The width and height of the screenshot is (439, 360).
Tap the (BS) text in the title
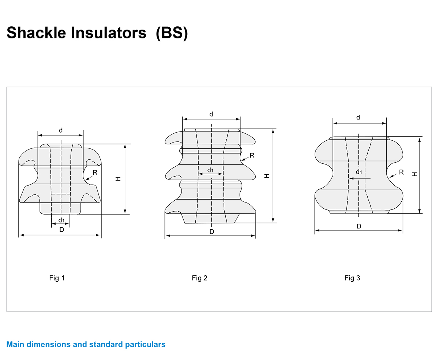click(172, 33)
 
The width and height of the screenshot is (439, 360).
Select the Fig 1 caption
click(57, 278)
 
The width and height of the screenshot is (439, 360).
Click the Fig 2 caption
click(199, 278)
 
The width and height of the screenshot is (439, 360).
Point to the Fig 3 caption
click(352, 278)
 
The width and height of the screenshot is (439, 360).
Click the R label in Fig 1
click(95, 173)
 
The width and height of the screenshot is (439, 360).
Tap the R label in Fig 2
click(252, 156)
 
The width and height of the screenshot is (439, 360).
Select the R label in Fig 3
click(401, 172)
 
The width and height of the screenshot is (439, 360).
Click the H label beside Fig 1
click(118, 179)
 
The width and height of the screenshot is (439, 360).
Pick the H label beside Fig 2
click(267, 176)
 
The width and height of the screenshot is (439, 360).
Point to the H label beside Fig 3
click(414, 174)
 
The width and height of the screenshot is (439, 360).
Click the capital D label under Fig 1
click(61, 230)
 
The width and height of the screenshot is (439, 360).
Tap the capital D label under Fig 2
click(212, 232)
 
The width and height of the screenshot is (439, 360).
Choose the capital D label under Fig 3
click(359, 226)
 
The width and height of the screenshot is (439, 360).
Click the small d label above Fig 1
click(61, 130)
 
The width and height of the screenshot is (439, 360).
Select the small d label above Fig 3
click(358, 117)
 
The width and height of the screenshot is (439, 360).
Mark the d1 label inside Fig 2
click(210, 170)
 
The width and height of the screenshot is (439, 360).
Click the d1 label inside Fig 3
click(359, 172)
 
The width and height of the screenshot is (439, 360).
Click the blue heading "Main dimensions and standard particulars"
click(86, 344)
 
